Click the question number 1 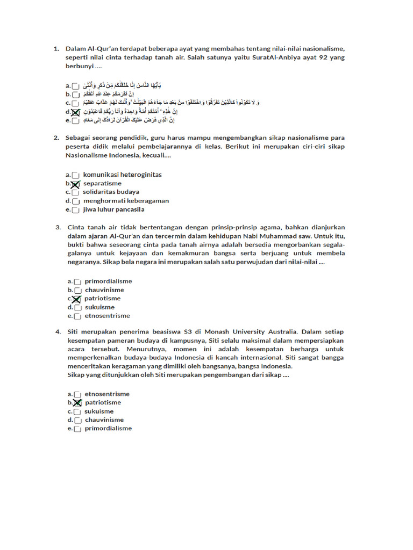coord(56,49)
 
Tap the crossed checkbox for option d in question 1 coord(76,112)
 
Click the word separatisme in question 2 coord(102,183)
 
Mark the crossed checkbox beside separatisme coord(75,184)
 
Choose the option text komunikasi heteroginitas coord(123,175)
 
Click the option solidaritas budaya coord(111,192)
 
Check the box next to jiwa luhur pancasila coord(76,210)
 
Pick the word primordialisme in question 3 coord(108,281)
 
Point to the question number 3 coord(58,227)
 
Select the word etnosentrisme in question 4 coord(107,394)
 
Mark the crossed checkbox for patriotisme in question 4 coord(77,403)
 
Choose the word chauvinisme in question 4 coord(104,420)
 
